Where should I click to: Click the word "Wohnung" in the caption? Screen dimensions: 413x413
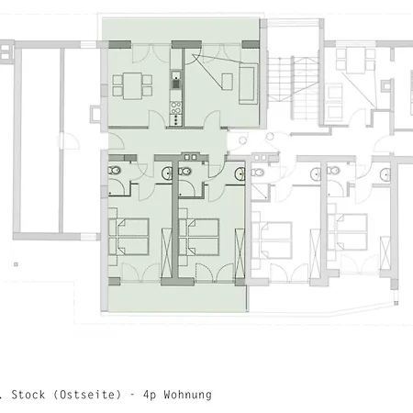point(187,395)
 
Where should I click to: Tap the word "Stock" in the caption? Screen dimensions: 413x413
point(28,395)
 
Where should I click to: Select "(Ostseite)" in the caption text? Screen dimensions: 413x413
point(87,395)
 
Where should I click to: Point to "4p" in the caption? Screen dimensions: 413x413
point(150,395)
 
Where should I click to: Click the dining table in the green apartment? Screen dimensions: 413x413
point(132,85)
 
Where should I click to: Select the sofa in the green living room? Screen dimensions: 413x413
point(247,84)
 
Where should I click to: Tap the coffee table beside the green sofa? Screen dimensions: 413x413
point(227,82)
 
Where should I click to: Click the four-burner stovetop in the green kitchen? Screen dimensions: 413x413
point(175,107)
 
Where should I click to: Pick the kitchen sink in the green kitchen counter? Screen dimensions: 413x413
point(176,80)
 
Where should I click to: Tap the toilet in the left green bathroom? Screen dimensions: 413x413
point(114,170)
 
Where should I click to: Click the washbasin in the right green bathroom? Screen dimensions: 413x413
point(240,174)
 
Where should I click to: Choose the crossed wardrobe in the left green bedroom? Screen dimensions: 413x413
point(166,253)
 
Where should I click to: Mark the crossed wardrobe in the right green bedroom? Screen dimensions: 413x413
point(240,253)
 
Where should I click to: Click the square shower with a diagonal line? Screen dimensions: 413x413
point(260,192)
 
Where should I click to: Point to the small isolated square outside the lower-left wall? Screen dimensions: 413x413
point(16,264)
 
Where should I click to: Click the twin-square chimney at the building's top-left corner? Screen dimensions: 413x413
point(6,52)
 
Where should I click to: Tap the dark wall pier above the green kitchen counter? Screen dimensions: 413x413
point(186,45)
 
